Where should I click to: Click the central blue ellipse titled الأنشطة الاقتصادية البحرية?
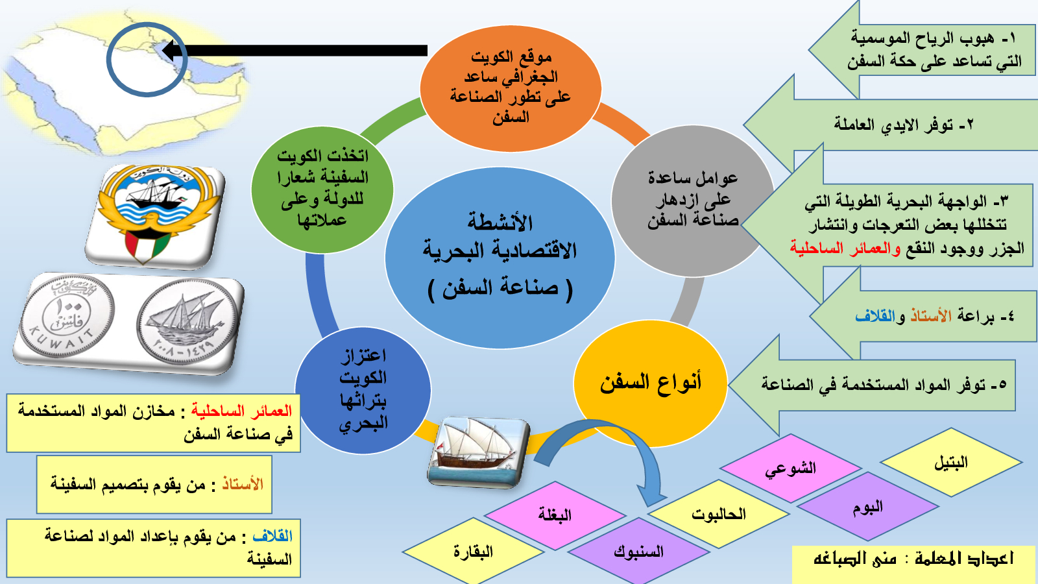click(x=500, y=258)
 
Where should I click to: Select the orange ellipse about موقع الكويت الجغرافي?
click(x=511, y=88)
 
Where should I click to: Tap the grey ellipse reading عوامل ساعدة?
click(x=692, y=201)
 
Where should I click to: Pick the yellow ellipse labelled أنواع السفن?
click(x=650, y=383)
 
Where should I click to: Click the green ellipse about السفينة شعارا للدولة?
click(x=322, y=189)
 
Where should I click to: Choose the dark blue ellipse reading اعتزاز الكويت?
click(x=363, y=390)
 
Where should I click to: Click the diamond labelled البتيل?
click(x=951, y=462)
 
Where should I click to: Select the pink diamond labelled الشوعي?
click(x=791, y=468)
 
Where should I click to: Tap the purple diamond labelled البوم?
click(x=868, y=507)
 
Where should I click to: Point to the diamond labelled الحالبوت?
click(x=719, y=513)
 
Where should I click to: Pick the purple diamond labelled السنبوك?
click(x=638, y=552)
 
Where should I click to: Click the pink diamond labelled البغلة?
click(x=555, y=515)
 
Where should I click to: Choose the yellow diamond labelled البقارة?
click(x=473, y=552)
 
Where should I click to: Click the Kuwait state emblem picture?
click(x=155, y=215)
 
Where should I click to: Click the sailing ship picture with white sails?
click(x=477, y=452)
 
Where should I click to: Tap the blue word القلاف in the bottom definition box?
click(x=272, y=536)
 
